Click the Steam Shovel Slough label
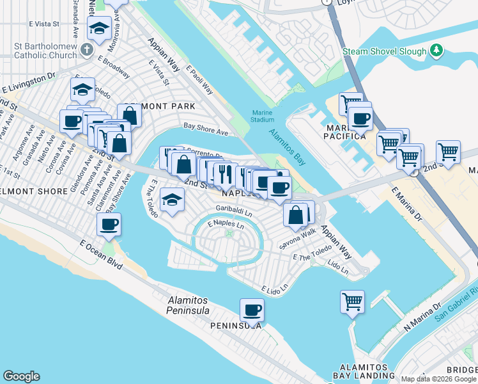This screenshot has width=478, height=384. point(384,51)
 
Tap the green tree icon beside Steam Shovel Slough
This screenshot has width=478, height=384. point(436,50)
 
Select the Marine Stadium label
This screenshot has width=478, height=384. point(261,116)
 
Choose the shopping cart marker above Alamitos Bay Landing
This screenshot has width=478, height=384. point(352,301)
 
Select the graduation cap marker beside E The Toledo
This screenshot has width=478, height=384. point(172,200)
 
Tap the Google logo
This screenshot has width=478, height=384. point(21,376)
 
